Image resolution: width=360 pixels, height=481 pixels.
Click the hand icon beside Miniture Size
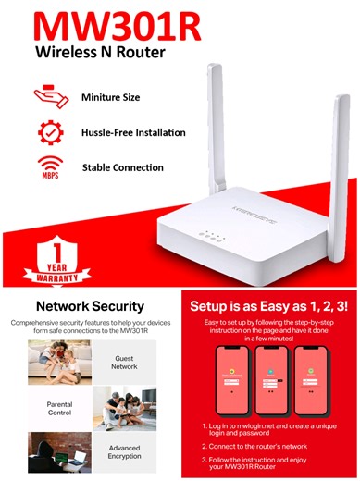49,96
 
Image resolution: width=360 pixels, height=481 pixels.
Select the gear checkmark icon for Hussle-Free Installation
50,132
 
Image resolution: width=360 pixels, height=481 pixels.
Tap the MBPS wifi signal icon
50,167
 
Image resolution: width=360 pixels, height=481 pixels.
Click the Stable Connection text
122,168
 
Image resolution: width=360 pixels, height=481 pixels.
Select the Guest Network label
123,362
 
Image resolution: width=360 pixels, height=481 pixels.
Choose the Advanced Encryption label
123,453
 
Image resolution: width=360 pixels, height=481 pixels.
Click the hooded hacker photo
59,454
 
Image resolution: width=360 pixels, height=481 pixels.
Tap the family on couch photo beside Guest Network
59,362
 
